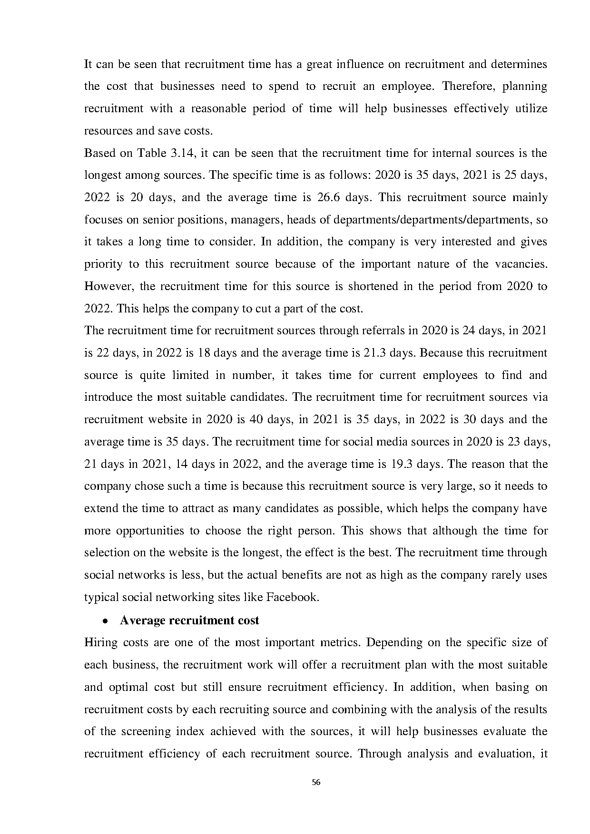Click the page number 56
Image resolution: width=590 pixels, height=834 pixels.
coord(315,782)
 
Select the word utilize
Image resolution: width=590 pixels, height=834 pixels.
coord(531,108)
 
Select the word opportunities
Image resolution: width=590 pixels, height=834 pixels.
coord(150,530)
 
